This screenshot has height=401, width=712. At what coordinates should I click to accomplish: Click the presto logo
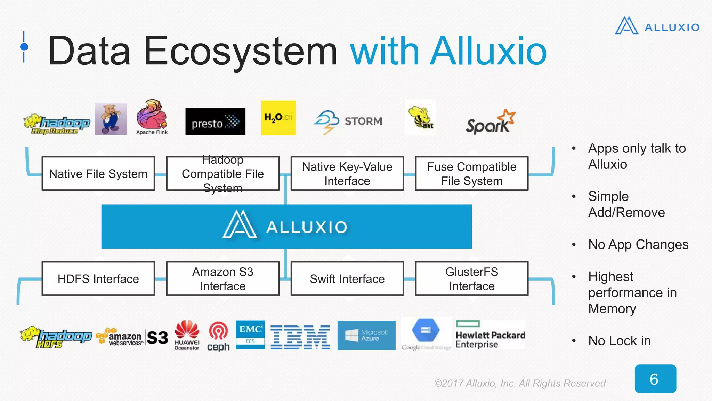[x=215, y=121]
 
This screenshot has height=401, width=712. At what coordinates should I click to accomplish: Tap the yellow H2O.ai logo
[x=278, y=118]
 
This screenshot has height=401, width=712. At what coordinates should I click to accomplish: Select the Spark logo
[x=490, y=122]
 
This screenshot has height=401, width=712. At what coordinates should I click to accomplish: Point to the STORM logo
[x=348, y=121]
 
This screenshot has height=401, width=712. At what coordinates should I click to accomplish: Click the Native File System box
[x=98, y=173]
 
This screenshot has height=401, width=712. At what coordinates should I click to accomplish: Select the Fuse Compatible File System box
[x=471, y=173]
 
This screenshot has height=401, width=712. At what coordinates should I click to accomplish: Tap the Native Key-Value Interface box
[x=347, y=173]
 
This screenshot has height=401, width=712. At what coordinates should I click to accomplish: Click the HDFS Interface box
[x=98, y=278]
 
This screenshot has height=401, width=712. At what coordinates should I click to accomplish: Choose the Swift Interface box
[x=347, y=278]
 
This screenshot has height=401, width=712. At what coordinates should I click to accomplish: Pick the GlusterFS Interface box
[x=471, y=278]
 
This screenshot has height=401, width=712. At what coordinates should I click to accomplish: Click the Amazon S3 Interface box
[x=222, y=278]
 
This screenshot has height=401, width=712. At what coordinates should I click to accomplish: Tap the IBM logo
[x=300, y=337]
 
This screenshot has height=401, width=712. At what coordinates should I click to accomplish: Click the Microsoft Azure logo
[x=366, y=335]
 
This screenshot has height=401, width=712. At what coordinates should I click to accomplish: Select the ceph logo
[x=218, y=336]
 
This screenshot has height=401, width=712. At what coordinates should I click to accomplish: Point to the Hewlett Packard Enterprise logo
[x=490, y=335]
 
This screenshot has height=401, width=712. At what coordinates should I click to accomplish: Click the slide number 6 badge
[x=655, y=379]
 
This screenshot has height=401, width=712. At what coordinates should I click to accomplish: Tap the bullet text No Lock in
[x=619, y=340]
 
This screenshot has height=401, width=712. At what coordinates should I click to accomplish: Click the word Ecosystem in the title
[x=240, y=52]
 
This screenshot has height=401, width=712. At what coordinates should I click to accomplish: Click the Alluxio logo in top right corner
[x=657, y=26]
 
